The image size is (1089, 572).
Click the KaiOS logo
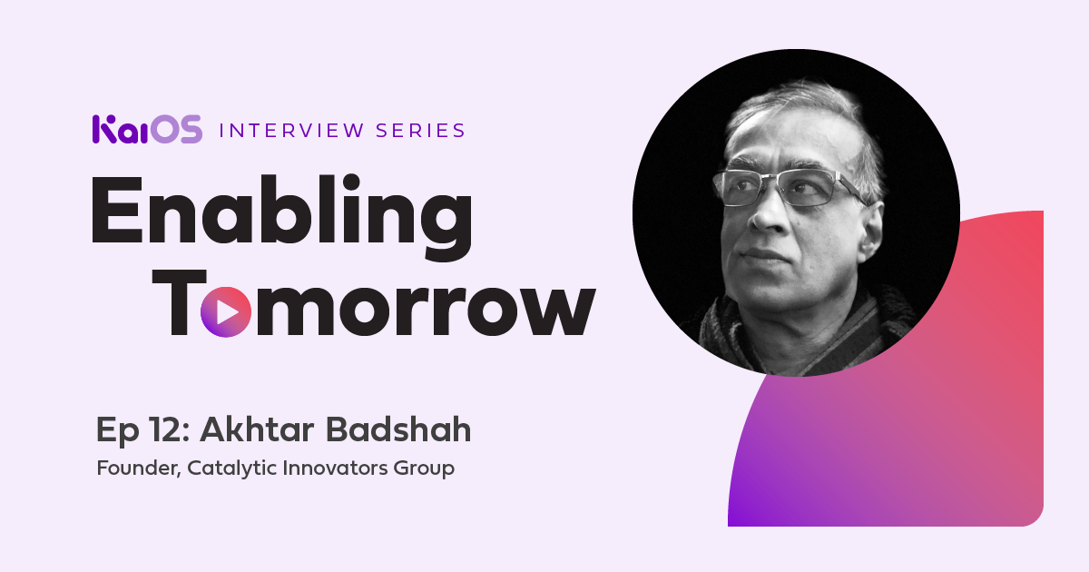click(x=147, y=129)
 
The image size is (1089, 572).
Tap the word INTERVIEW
click(x=291, y=131)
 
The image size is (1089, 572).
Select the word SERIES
click(x=421, y=131)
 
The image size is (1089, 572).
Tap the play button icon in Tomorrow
click(x=226, y=311)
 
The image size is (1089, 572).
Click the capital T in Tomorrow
click(x=180, y=302)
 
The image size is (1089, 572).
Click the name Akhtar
click(x=257, y=429)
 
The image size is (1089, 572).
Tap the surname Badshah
click(x=398, y=429)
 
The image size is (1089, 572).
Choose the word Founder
click(x=139, y=468)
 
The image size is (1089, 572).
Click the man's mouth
click(x=764, y=256)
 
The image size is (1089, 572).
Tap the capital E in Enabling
click(x=117, y=210)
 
